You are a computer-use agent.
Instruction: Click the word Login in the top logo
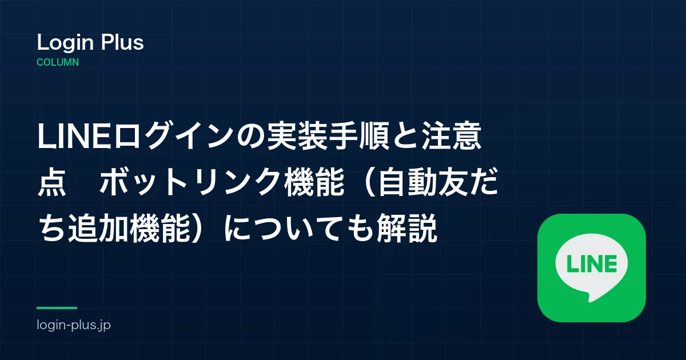point(65,43)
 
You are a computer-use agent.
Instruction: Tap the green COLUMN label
point(58,62)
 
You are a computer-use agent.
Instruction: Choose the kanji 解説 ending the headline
point(406,228)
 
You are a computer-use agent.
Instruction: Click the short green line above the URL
point(57,308)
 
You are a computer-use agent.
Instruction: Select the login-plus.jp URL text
point(74,325)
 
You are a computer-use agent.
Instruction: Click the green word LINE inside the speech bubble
point(592,263)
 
